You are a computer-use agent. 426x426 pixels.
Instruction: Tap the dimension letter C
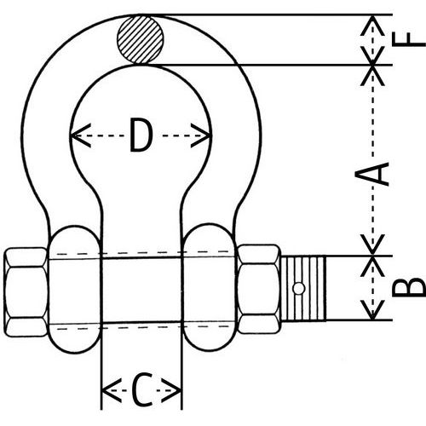[x=141, y=392]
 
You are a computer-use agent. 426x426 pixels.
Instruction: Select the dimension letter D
[x=141, y=135]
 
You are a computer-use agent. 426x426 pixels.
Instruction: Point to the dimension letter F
[x=412, y=37]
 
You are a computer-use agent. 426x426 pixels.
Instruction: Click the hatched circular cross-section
[x=141, y=39]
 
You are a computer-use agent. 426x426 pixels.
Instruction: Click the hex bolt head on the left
[x=26, y=291]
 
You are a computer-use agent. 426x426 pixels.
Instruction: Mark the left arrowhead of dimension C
[x=106, y=392]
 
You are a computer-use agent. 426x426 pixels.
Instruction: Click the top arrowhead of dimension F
[x=372, y=20]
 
